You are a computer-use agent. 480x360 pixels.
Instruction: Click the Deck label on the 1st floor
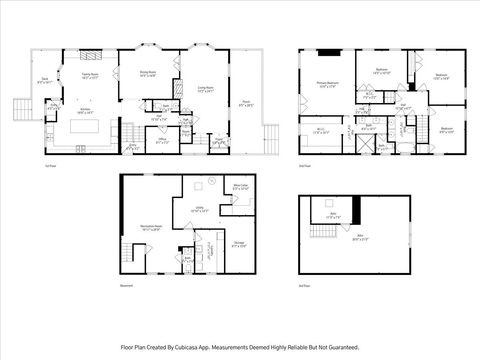(46, 83)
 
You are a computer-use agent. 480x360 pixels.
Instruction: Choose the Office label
(163, 140)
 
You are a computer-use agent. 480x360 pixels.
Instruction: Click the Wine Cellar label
(240, 186)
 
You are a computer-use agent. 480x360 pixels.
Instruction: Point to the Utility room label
(200, 210)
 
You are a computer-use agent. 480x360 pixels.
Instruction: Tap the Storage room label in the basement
(239, 243)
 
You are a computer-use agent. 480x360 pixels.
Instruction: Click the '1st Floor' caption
(48, 165)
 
